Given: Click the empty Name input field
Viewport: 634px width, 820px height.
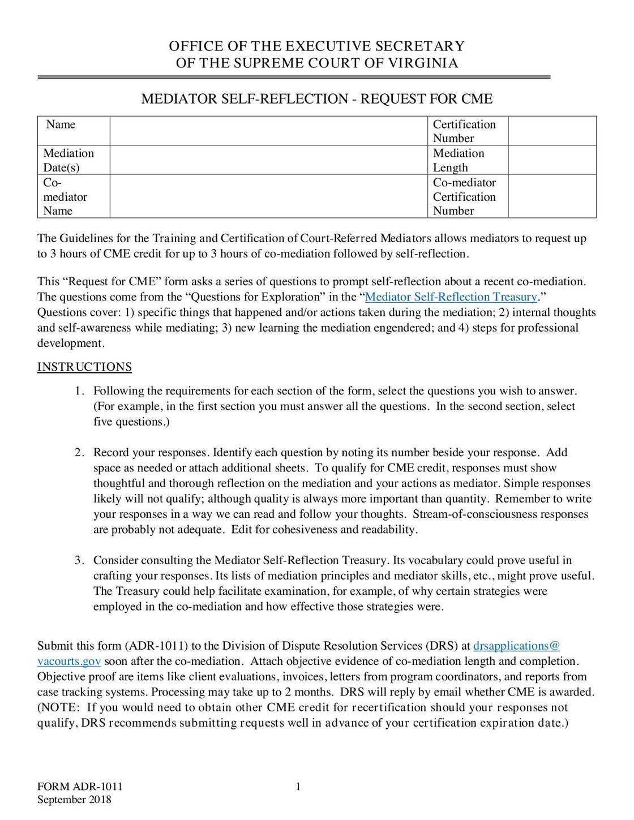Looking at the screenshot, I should (268, 131).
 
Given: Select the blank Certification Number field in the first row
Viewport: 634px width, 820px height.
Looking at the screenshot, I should (552, 131).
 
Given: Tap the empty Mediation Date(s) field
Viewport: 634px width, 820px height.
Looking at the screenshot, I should (268, 160).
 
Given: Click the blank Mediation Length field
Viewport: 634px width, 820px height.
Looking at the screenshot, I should (552, 160).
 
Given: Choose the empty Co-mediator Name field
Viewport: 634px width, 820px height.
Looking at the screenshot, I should (268, 196).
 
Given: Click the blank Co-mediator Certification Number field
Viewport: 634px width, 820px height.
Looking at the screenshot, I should (552, 196).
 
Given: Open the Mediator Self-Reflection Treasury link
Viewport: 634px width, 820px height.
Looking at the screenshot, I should (451, 297).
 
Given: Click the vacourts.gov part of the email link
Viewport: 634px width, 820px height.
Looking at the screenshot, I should (69, 662).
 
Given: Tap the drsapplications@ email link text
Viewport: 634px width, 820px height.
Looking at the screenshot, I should (516, 646).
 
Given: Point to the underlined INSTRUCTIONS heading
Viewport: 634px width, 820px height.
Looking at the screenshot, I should (84, 367).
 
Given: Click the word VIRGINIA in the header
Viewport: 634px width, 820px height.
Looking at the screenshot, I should (423, 63).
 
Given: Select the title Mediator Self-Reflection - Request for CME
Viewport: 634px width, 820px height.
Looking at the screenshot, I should (316, 99).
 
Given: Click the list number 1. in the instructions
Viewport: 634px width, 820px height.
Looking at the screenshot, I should (80, 391).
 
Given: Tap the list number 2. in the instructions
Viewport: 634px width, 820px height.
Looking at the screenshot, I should (80, 453).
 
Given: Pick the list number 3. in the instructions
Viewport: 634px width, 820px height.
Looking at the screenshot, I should (80, 560).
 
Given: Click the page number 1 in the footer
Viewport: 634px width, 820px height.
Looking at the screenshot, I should (298, 787).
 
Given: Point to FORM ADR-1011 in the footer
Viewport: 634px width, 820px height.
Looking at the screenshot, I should (80, 787).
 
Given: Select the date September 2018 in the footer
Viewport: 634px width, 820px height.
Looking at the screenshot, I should (74, 800).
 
